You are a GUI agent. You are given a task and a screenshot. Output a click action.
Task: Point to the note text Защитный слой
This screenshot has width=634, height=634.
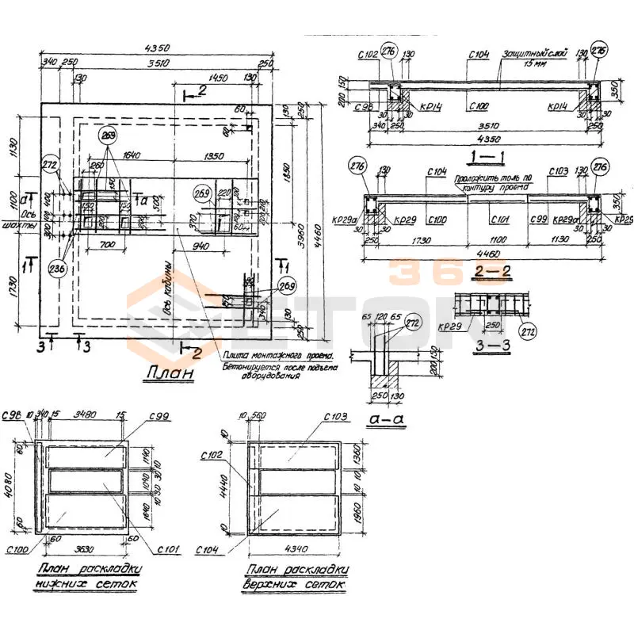534,54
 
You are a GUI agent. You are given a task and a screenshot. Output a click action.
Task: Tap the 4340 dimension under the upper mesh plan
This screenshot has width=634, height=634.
294,546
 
